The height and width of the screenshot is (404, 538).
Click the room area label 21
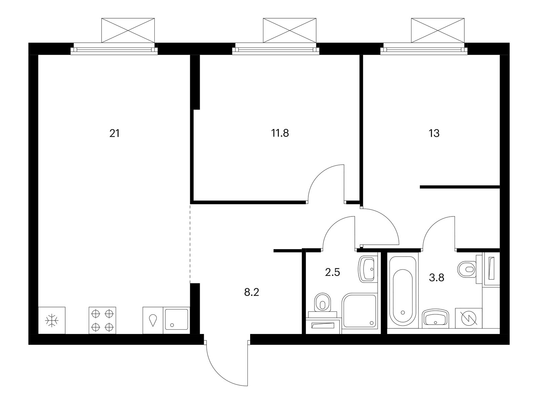point(114,134)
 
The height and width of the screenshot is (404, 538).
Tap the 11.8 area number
point(280,133)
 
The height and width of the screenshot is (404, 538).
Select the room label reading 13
point(434,133)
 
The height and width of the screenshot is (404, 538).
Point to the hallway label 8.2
point(252,292)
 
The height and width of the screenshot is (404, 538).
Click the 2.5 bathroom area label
point(333,272)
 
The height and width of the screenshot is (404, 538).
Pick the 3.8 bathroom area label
point(437,278)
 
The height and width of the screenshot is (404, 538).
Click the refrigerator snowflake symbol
point(52,321)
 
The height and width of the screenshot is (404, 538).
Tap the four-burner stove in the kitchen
point(102,321)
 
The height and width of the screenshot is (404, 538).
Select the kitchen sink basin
point(177,319)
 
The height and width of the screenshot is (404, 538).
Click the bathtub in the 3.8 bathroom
point(402,291)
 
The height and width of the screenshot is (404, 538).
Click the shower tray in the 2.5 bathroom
point(359,311)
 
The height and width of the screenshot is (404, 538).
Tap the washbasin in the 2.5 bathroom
point(367,269)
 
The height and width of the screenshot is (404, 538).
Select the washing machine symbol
point(469,318)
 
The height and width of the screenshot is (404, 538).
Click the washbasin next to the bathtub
point(435,319)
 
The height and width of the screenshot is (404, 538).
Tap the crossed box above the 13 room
point(437,30)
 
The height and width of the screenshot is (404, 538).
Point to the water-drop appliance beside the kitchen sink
point(153,321)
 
